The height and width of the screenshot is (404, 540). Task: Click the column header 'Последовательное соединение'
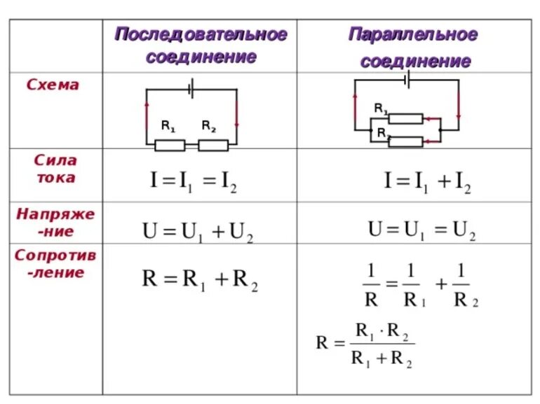coord(201,46)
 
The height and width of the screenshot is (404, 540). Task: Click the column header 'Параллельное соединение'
coord(414,48)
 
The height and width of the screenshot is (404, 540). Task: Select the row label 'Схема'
coord(53,85)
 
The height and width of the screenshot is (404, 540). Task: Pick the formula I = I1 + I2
coord(427,182)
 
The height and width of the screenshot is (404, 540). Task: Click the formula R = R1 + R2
coord(201,280)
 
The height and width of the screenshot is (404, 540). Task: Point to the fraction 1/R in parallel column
coord(371,285)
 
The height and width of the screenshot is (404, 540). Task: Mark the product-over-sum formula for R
coord(365,344)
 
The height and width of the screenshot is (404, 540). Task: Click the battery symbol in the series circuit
coord(191,89)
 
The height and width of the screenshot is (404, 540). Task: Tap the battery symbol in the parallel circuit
coord(407,80)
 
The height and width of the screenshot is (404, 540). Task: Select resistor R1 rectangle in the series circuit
coord(170,145)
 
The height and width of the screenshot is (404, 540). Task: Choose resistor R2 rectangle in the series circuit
coord(213,145)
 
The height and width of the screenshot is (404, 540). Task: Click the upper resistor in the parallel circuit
coord(406,118)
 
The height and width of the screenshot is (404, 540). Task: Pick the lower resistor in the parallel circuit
coord(406,142)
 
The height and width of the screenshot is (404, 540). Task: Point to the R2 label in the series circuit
coord(209,127)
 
